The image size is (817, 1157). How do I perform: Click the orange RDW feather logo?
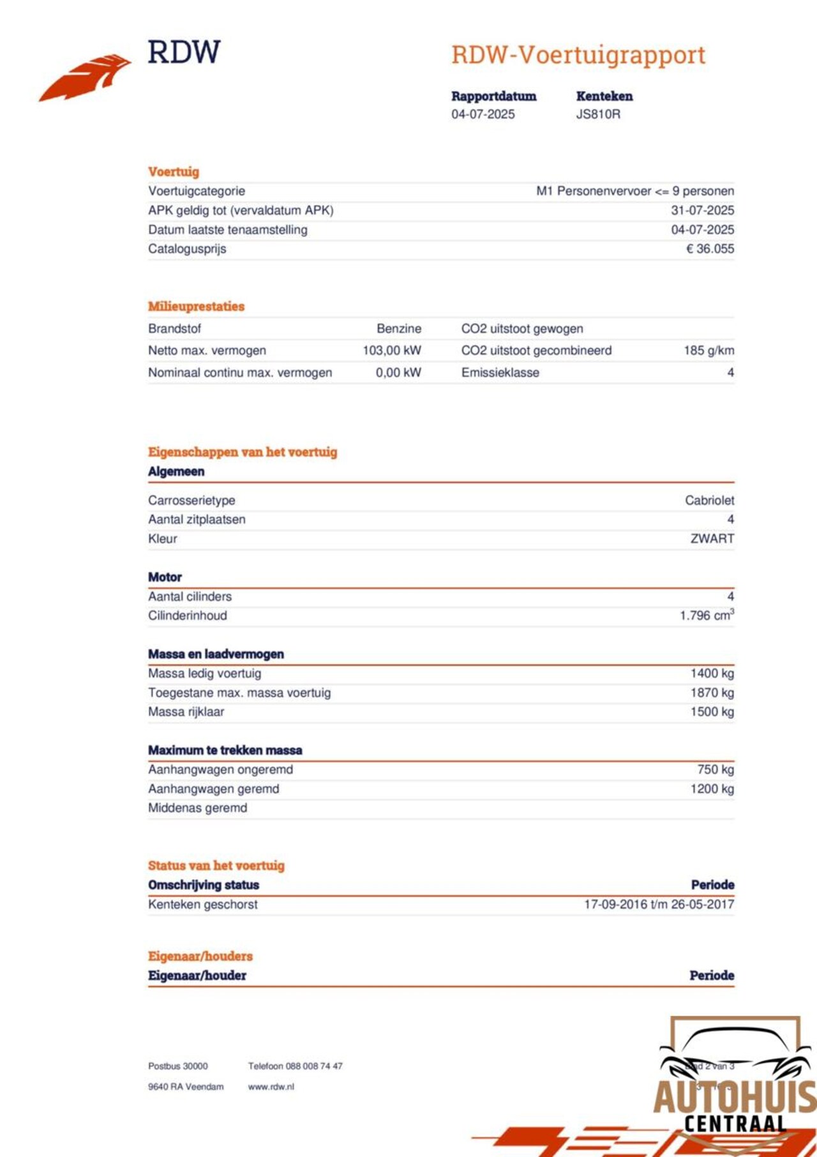pyautogui.click(x=86, y=77)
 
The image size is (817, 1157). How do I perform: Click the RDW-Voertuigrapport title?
pyautogui.click(x=578, y=55)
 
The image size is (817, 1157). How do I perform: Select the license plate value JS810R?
pyautogui.click(x=598, y=114)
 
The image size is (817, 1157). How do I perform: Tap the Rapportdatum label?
pyautogui.click(x=493, y=96)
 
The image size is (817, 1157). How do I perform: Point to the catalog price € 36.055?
pyautogui.click(x=710, y=249)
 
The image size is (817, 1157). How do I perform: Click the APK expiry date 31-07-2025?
pyautogui.click(x=702, y=211)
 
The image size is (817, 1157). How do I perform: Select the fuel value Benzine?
pyautogui.click(x=399, y=329)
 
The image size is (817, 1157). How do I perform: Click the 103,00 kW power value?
pyautogui.click(x=392, y=351)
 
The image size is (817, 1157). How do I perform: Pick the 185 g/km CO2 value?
pyautogui.click(x=708, y=351)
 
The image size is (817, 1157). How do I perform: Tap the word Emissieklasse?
pyautogui.click(x=500, y=373)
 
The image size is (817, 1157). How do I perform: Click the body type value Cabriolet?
pyautogui.click(x=709, y=501)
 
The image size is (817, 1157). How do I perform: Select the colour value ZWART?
pyautogui.click(x=712, y=539)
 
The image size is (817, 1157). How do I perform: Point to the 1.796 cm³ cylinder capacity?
pyautogui.click(x=707, y=616)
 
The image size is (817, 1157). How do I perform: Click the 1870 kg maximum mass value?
pyautogui.click(x=712, y=693)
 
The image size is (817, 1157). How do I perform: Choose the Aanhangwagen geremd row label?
pyautogui.click(x=214, y=789)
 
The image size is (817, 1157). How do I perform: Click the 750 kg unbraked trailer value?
pyautogui.click(x=715, y=770)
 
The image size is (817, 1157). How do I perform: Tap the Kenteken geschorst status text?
pyautogui.click(x=203, y=905)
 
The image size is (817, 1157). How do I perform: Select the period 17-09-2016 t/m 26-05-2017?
pyautogui.click(x=659, y=905)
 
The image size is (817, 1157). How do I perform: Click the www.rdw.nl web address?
pyautogui.click(x=271, y=1087)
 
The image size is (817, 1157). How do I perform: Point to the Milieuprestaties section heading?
pyautogui.click(x=197, y=306)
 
